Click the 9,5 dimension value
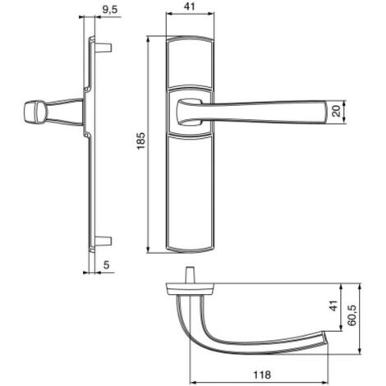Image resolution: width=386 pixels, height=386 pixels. tap(109, 9)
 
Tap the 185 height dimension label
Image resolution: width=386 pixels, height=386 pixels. tap(140, 141)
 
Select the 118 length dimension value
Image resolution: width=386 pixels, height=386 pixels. tap(262, 375)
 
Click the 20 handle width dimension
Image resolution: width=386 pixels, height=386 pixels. tap(337, 111)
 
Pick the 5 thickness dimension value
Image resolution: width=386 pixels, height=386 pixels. tap(106, 264)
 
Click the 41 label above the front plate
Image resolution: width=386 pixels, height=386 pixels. tap(190, 7)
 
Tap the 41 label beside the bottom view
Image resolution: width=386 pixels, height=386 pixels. tap(333, 306)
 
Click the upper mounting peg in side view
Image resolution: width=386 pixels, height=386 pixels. tap(104, 47)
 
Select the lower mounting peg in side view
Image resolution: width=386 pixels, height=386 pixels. tap(104, 241)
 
